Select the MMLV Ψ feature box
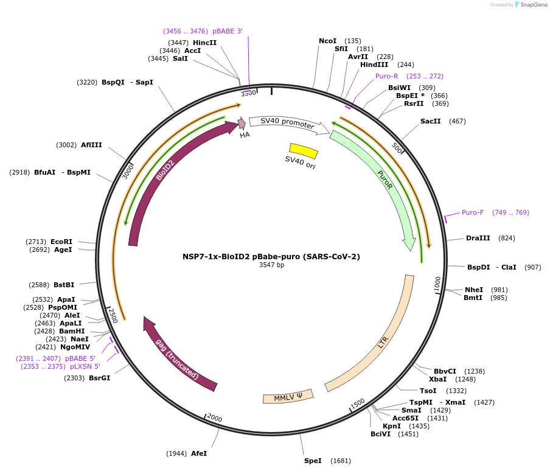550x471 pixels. (x=288, y=397)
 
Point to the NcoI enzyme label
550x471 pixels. (x=327, y=41)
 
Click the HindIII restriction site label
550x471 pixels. (x=374, y=65)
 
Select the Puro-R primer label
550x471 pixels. (x=386, y=76)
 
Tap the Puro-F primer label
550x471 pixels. (x=473, y=212)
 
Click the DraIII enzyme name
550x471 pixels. (x=478, y=238)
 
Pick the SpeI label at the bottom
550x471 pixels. (x=313, y=461)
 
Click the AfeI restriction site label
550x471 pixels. (x=199, y=453)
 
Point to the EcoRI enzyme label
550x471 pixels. (x=61, y=242)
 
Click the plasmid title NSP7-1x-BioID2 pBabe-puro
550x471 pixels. (x=271, y=256)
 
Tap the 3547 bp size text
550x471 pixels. (x=271, y=265)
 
